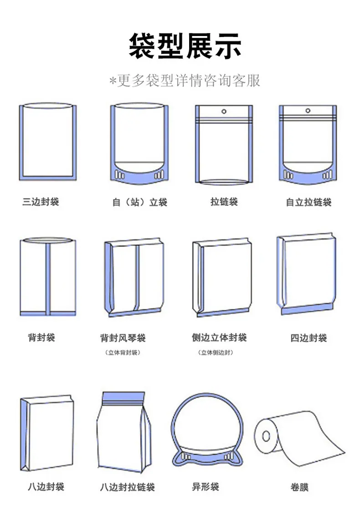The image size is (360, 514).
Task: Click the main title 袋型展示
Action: (x=185, y=46)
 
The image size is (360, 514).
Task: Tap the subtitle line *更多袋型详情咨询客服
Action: (x=185, y=81)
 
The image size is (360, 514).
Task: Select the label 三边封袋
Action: (x=41, y=201)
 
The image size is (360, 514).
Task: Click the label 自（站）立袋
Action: (x=140, y=202)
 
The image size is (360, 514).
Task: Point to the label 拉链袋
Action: (x=224, y=201)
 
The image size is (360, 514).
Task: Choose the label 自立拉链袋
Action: (x=309, y=202)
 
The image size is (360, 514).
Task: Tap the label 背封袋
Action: (x=41, y=337)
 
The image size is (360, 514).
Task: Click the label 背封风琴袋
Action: (x=123, y=338)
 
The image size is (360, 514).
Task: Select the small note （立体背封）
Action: (x=123, y=353)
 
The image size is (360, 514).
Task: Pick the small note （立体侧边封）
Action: (x=216, y=353)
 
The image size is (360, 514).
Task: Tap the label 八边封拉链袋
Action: (x=128, y=487)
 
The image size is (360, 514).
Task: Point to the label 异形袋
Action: (x=206, y=487)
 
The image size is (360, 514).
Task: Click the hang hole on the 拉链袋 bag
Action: (x=224, y=112)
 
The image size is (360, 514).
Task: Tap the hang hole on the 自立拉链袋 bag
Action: (x=308, y=111)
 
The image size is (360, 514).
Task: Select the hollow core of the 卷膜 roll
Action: (x=266, y=437)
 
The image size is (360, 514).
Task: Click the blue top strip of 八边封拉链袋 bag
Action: (x=123, y=398)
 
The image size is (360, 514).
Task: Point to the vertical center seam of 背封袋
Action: (x=48, y=279)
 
